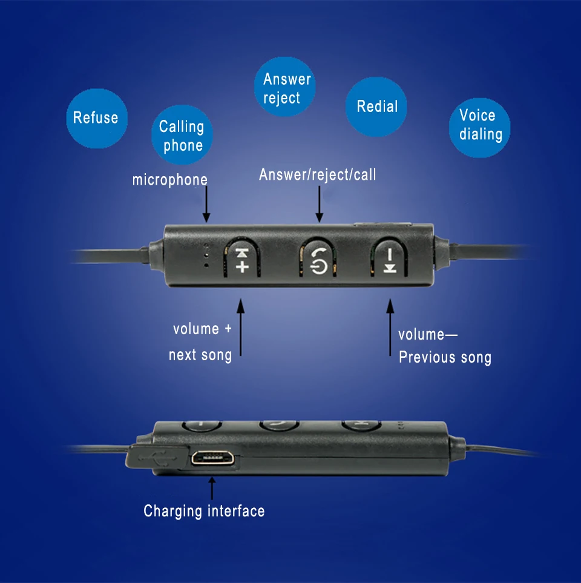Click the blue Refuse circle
[x=96, y=118]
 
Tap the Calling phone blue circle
[x=182, y=136]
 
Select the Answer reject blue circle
[x=286, y=88]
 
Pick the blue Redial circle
[x=376, y=107]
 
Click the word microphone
[x=169, y=180]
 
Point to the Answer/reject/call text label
[x=317, y=175]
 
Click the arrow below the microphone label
[x=206, y=204]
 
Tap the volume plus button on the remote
[x=242, y=260]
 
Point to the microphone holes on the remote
[x=206, y=255]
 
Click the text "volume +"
[x=202, y=329]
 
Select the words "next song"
[x=200, y=355]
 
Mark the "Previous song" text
[x=445, y=358]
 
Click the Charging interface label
[x=204, y=512]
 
